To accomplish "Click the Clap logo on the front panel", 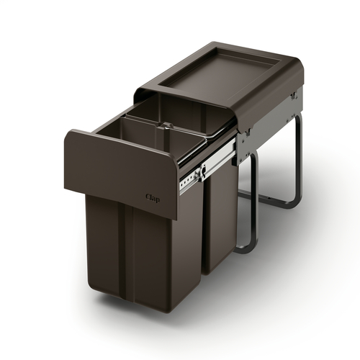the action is pyautogui.click(x=153, y=198).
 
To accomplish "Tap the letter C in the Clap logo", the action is pyautogui.click(x=148, y=197).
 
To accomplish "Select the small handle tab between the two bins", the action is pyautogui.click(x=167, y=125).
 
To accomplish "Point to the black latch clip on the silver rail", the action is pyautogui.click(x=202, y=171).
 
